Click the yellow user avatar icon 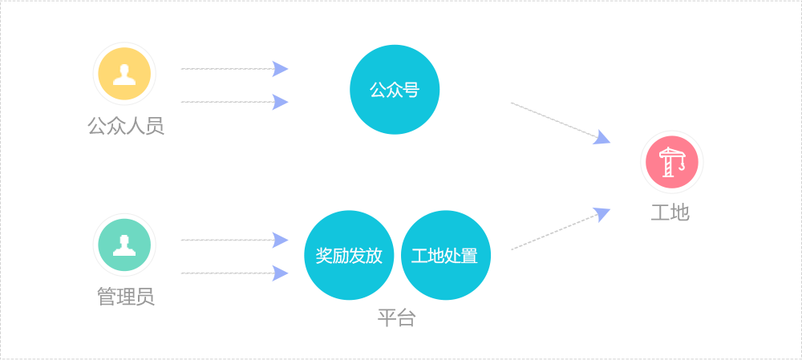(x=124, y=74)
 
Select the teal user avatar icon (x=124, y=245)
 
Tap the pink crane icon (x=672, y=162)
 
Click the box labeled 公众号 (x=395, y=89)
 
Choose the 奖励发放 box (x=349, y=255)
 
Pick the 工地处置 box (x=446, y=255)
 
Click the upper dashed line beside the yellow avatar (x=225, y=69)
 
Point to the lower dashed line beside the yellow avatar (x=225, y=102)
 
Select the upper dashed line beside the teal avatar (x=225, y=240)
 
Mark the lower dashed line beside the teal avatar (x=225, y=273)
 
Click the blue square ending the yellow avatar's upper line (x=280, y=69)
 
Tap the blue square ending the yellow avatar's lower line (x=280, y=102)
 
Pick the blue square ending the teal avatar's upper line (x=280, y=240)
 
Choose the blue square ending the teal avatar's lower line (x=280, y=273)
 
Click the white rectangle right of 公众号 (x=552, y=120)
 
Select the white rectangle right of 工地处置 (x=552, y=232)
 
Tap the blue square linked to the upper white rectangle (x=601, y=136)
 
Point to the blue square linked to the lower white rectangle (x=601, y=215)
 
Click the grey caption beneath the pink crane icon (x=671, y=212)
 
